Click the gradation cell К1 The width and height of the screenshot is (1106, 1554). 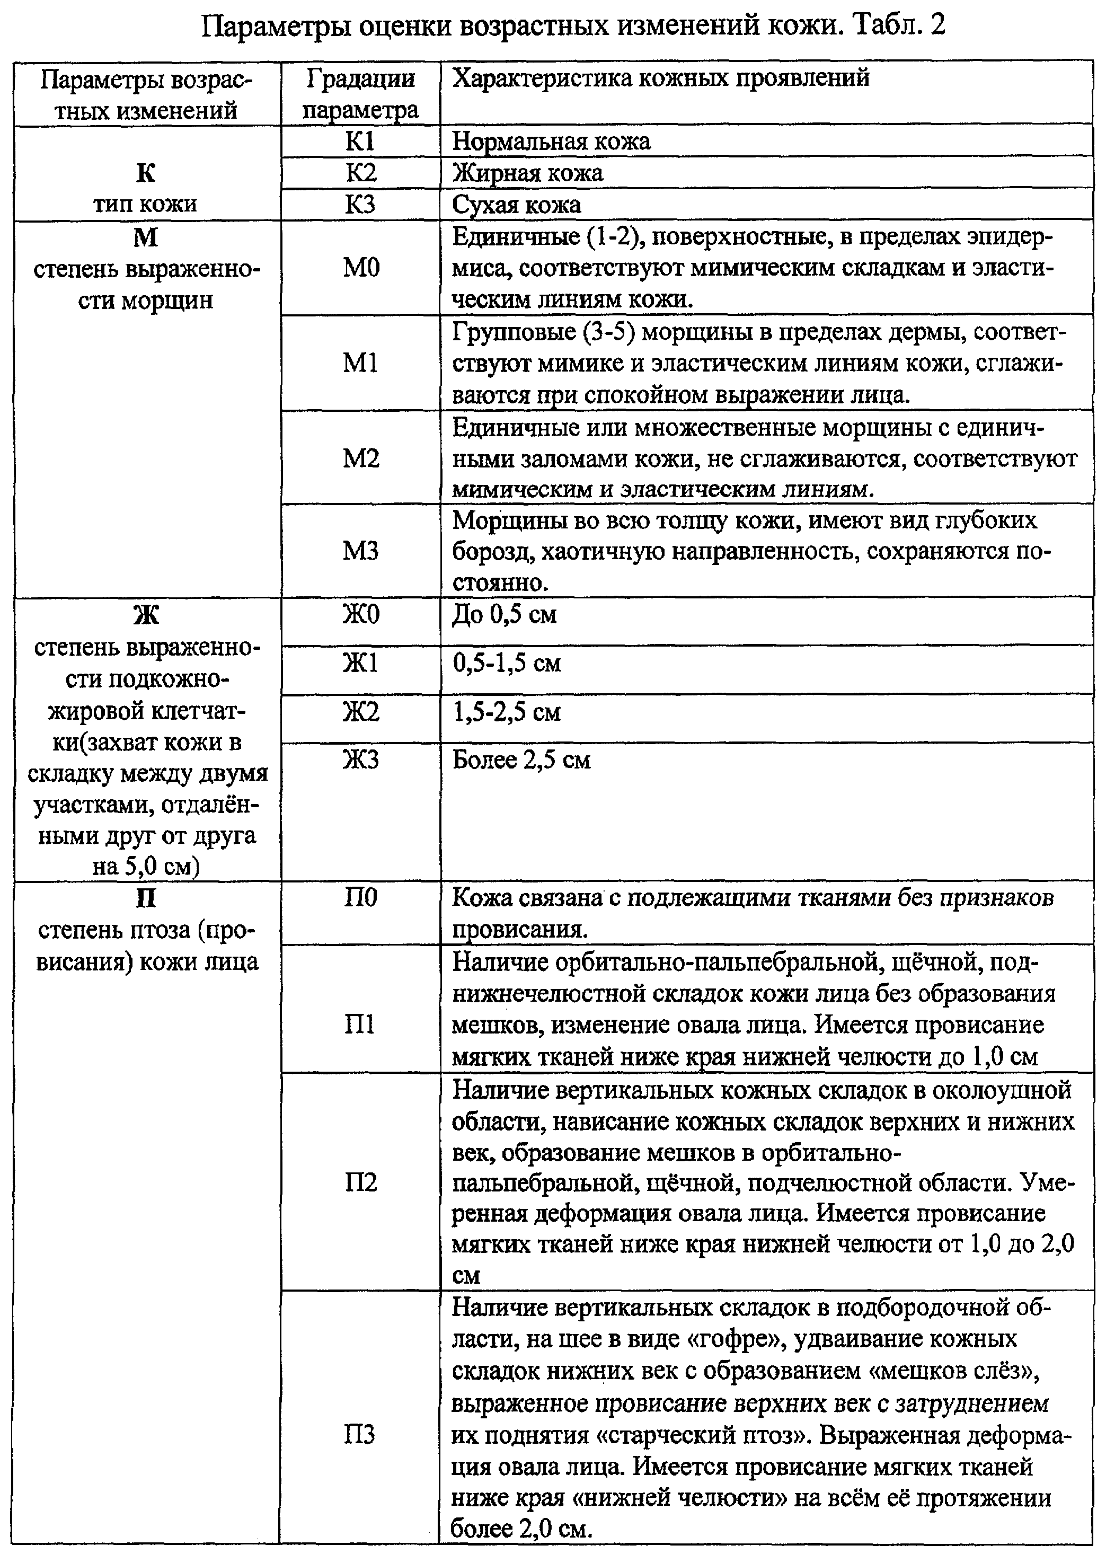click(360, 142)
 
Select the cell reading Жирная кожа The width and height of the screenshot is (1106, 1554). click(528, 173)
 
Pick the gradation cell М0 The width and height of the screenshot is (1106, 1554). click(360, 268)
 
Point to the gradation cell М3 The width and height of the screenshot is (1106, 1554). click(360, 551)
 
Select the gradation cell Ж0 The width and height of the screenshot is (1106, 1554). click(360, 615)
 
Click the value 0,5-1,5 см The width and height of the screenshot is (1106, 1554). click(507, 663)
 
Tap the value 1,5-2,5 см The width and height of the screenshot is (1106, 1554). click(507, 712)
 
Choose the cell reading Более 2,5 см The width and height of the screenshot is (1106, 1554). click(521, 760)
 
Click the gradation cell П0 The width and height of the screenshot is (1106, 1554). click(360, 897)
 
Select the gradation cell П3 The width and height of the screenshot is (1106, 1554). click(360, 1435)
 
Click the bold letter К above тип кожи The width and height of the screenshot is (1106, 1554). click(146, 173)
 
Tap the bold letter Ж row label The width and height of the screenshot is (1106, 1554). click(146, 615)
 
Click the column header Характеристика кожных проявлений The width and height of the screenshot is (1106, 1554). click(661, 78)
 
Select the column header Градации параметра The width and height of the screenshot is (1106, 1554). click(360, 94)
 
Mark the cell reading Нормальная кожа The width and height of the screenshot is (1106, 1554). click(551, 142)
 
